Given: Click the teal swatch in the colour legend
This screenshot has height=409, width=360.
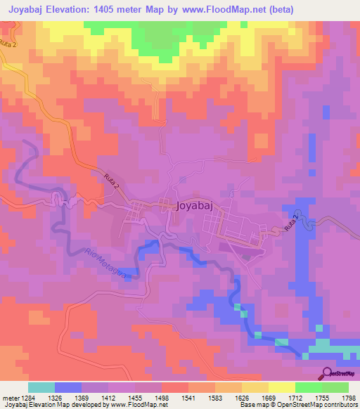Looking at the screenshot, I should pyautogui.click(x=41, y=387).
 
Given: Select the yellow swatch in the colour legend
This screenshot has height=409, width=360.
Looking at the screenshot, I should pyautogui.click(x=282, y=387).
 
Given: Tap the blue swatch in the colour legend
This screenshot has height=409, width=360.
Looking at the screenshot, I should pyautogui.click(x=68, y=387).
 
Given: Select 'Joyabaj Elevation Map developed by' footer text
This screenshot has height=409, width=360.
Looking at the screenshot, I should pyautogui.click(x=49, y=405).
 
